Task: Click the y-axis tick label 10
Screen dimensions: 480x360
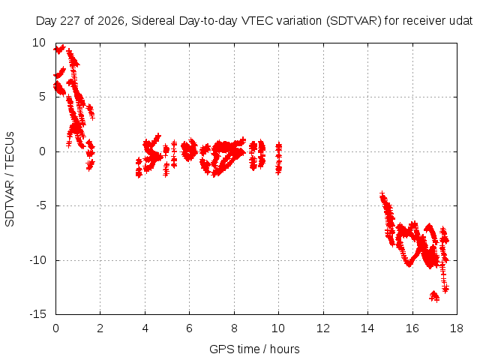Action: (x=39, y=43)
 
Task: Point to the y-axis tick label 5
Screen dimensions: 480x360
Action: (x=42, y=97)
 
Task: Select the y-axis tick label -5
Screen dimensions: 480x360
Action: (x=40, y=205)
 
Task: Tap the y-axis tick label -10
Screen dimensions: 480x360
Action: (x=37, y=260)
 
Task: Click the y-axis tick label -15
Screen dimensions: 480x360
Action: (x=37, y=314)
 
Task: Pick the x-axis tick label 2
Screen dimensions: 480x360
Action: (x=100, y=328)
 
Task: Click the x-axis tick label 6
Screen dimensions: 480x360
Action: (x=190, y=328)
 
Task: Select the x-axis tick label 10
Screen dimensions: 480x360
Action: (x=278, y=328)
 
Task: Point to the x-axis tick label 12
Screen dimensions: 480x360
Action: (x=323, y=328)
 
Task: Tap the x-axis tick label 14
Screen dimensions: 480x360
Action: (x=367, y=328)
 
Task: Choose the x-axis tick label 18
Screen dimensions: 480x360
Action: (x=457, y=328)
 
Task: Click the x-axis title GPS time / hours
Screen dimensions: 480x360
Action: (x=254, y=349)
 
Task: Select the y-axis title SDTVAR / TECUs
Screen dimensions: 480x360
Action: (x=10, y=179)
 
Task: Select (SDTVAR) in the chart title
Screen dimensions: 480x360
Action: (x=354, y=21)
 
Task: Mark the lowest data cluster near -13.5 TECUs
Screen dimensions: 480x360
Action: (x=435, y=296)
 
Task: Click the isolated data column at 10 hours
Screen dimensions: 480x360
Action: (x=278, y=158)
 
